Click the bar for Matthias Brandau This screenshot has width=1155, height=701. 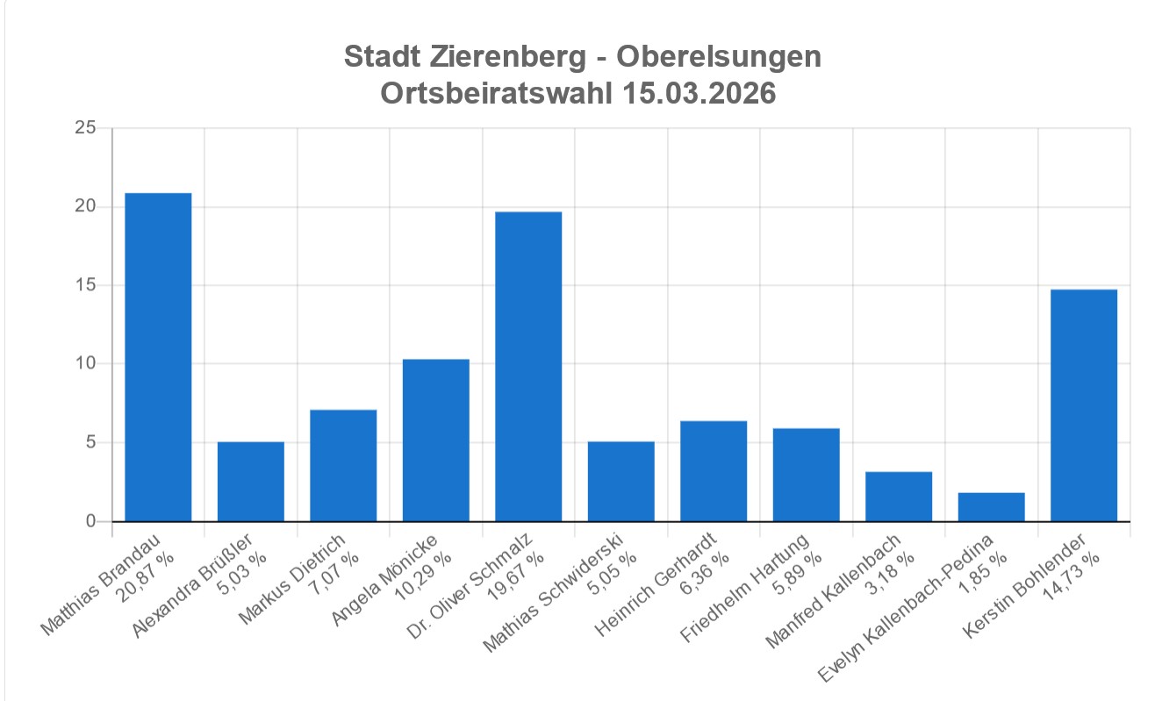pos(158,357)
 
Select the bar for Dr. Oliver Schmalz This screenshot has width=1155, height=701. pos(528,367)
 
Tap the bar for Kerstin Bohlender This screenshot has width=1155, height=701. pos(1084,405)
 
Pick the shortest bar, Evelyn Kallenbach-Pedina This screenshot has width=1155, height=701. pos(991,507)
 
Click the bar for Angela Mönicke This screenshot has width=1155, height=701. pos(435,440)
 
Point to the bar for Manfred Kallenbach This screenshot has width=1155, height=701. pos(899,497)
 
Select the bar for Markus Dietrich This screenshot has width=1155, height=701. pos(343,466)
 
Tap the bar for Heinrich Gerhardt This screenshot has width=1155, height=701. pos(714,471)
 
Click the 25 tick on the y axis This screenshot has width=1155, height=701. pos(85,129)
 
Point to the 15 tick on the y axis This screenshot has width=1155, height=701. pos(85,286)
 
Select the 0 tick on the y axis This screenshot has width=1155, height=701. pos(90,522)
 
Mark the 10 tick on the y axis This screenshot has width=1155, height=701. pos(85,364)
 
